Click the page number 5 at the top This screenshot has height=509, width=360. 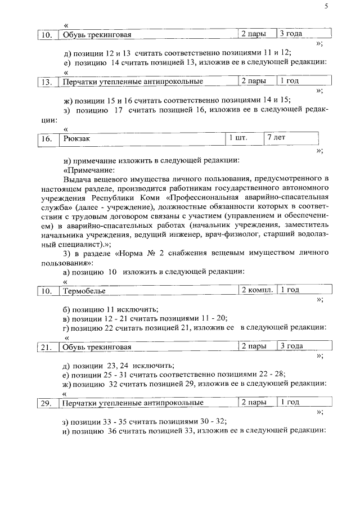click(x=326, y=6)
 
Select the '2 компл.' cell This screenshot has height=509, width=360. click(x=257, y=290)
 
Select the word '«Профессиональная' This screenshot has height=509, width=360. click(x=206, y=198)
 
